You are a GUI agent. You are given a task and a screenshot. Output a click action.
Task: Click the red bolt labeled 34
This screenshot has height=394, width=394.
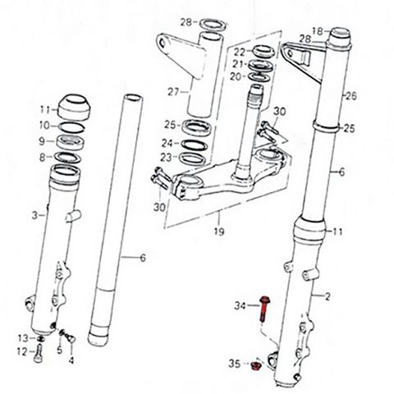pyautogui.click(x=264, y=309)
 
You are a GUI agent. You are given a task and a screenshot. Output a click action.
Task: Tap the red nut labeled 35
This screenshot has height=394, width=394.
pyautogui.click(x=256, y=366)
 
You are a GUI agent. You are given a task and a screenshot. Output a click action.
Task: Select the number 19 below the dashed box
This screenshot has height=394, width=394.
pyautogui.click(x=219, y=231)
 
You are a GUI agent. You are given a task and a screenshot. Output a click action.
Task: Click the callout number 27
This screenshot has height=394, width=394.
pyautogui.click(x=173, y=93)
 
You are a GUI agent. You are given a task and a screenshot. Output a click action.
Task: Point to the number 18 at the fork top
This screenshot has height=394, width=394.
pyautogui.click(x=318, y=31)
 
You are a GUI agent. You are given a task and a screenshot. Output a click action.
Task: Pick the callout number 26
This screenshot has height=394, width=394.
pyautogui.click(x=351, y=96)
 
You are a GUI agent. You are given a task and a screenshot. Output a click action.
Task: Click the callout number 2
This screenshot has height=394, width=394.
pyautogui.click(x=328, y=296)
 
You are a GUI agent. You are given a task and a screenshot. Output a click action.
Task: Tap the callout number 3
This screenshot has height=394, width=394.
pyautogui.click(x=34, y=215)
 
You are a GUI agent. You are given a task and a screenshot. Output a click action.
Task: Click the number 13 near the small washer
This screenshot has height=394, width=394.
pyautogui.click(x=24, y=338)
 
